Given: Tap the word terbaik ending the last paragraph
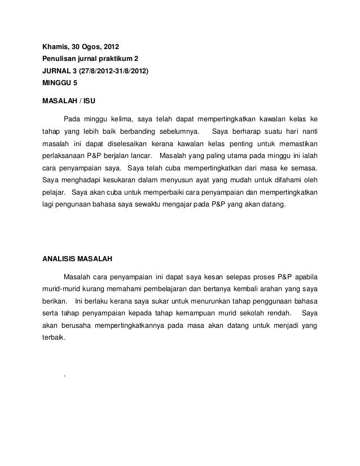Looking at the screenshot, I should tap(54, 339).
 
